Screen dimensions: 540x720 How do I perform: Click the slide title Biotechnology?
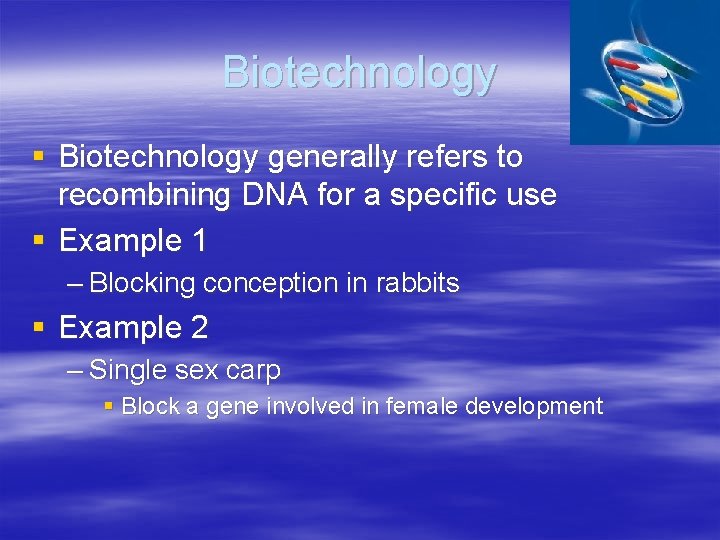pyautogui.click(x=359, y=73)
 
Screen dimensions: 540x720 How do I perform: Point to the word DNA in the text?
pyautogui.click(x=274, y=195)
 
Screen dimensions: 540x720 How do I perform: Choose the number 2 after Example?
pyautogui.click(x=197, y=327)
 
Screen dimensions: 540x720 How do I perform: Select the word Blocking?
pyautogui.click(x=142, y=284)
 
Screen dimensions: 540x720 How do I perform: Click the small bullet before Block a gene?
pyautogui.click(x=109, y=407)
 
